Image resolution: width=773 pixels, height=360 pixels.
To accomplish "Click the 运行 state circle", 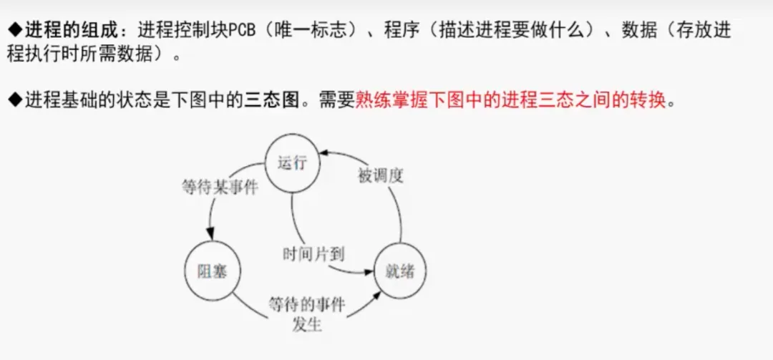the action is pos(291,162).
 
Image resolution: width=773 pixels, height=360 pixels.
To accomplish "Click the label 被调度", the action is pos(380,175).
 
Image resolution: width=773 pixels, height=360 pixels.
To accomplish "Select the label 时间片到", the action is pos(313,253).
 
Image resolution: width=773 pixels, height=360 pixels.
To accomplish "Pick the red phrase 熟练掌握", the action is pos(384,101).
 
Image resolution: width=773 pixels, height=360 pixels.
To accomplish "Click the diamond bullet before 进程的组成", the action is pos(16,31).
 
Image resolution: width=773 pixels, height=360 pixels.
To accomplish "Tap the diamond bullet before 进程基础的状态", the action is pos(16,101).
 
